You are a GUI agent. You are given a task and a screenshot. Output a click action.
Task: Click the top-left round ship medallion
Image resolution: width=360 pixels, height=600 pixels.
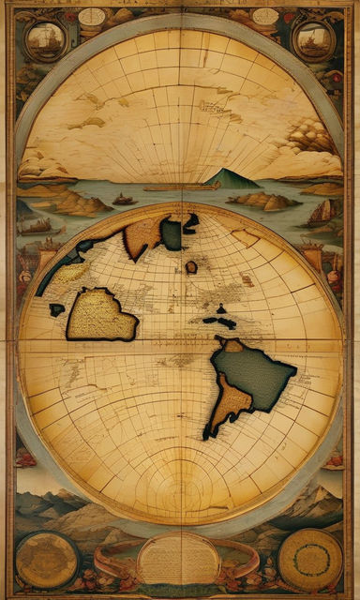pos(45,38)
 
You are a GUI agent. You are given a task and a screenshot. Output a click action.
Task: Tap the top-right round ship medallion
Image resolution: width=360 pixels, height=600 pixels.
pos(313,38)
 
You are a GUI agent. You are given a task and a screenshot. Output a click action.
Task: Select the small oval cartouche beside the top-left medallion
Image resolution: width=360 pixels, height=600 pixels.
pos(92,16)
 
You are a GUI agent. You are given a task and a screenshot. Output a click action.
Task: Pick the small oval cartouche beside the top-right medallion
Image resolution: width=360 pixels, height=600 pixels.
pos(265,16)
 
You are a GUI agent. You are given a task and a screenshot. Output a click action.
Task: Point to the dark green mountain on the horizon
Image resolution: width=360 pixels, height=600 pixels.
pos(231,178)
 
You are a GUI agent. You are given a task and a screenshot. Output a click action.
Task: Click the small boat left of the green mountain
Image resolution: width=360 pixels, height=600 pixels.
pos(124,200)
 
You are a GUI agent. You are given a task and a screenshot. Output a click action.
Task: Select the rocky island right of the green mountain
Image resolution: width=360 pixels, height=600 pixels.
pos(264,200)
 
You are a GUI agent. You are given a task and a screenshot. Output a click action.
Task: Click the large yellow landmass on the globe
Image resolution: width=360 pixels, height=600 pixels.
pos(98,314)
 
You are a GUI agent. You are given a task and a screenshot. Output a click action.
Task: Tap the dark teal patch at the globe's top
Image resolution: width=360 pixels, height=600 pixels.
pos(172,232)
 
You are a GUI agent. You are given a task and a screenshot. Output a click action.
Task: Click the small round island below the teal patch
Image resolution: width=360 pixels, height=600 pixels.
pos(191,267)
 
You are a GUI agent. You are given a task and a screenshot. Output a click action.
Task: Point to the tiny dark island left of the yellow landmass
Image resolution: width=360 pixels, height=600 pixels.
pos(57,308)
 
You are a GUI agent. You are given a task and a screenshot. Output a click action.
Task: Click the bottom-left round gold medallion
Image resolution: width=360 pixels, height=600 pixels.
pos(46,560)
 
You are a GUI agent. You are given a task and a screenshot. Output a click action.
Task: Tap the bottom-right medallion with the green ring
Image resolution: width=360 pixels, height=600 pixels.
pos(310,560)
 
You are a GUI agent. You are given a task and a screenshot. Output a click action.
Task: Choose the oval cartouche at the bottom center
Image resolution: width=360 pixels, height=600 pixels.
pos(178,559)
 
